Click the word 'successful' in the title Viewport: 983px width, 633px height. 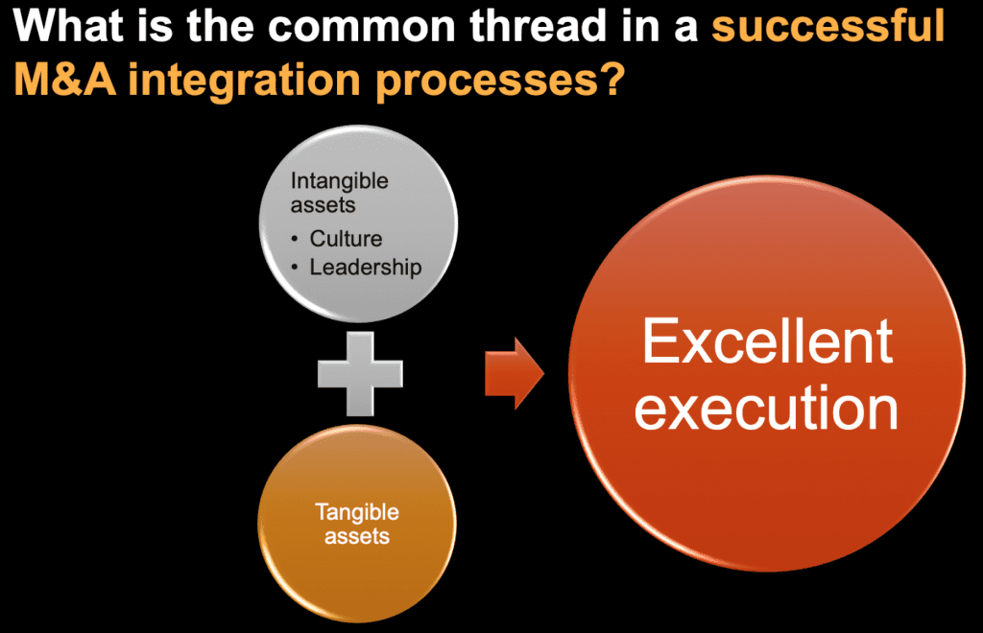tap(827, 26)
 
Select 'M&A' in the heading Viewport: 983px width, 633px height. tap(65, 80)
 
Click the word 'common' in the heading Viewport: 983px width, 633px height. tap(361, 29)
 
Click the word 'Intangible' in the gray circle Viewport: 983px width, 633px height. tap(339, 181)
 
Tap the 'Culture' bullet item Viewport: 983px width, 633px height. tap(346, 239)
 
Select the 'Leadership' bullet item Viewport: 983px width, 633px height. tap(366, 268)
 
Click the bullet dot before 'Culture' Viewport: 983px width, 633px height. tap(295, 239)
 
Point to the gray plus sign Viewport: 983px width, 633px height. tap(360, 374)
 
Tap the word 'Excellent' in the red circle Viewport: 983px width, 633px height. tap(767, 341)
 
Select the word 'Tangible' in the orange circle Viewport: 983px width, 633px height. tap(357, 513)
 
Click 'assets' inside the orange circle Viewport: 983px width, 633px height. tap(357, 537)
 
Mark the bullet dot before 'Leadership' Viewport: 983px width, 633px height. tap(295, 268)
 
